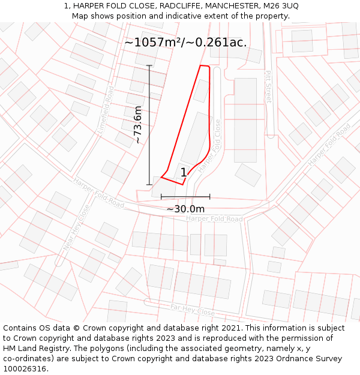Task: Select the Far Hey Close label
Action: coord(192,311)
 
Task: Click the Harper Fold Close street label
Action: coord(210,146)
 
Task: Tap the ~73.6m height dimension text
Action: coord(137,124)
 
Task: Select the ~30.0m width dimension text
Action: coord(185,208)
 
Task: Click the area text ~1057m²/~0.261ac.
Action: coord(185,42)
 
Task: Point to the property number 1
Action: coord(184,173)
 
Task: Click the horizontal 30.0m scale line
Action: coord(185,196)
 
